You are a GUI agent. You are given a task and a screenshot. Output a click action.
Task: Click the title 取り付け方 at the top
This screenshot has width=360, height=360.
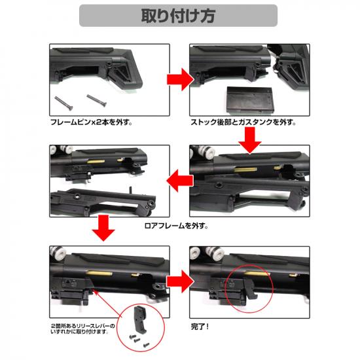(178, 16)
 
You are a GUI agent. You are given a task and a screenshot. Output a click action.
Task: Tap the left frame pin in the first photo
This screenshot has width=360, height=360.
(64, 103)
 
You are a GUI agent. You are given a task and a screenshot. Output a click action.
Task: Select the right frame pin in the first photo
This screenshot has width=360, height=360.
(96, 100)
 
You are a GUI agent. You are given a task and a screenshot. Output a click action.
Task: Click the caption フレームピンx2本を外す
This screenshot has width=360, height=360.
(92, 122)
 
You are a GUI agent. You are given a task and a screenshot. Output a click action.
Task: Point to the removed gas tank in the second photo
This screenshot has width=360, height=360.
(249, 99)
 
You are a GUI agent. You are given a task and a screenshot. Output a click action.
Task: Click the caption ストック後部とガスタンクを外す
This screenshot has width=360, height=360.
(243, 122)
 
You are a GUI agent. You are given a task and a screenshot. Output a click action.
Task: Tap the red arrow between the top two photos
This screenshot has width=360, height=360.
(180, 79)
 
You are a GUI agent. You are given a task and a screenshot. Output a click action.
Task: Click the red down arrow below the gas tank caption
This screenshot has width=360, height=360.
(250, 140)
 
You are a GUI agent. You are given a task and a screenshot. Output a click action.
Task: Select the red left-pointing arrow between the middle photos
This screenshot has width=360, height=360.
(180, 181)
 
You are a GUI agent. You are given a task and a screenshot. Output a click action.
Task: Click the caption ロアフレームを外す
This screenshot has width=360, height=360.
(176, 226)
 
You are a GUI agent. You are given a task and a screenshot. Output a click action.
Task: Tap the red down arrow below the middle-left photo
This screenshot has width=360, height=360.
(103, 228)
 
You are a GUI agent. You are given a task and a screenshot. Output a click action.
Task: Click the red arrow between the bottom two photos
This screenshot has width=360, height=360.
(180, 281)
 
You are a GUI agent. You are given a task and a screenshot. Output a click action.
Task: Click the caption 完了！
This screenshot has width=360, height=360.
(200, 327)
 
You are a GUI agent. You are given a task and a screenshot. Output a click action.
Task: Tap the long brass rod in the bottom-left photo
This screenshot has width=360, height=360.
(99, 273)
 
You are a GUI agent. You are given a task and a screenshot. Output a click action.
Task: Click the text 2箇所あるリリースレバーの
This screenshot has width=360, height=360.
(83, 326)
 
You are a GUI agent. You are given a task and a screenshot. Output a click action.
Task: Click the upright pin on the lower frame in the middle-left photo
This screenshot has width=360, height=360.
(131, 190)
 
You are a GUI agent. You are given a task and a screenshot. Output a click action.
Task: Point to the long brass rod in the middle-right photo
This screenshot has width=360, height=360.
(245, 170)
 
